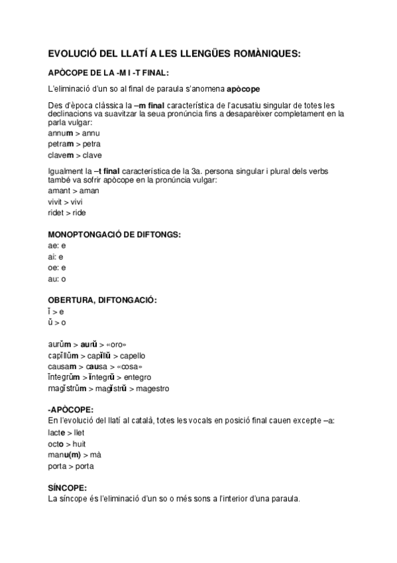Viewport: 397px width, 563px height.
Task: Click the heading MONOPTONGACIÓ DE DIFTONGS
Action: pyautogui.click(x=115, y=234)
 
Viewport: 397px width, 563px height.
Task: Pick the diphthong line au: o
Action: pyautogui.click(x=57, y=278)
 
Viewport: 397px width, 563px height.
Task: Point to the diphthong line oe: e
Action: pyautogui.click(x=57, y=268)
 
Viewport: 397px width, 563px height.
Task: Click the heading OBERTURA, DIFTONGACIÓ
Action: pyautogui.click(x=103, y=300)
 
